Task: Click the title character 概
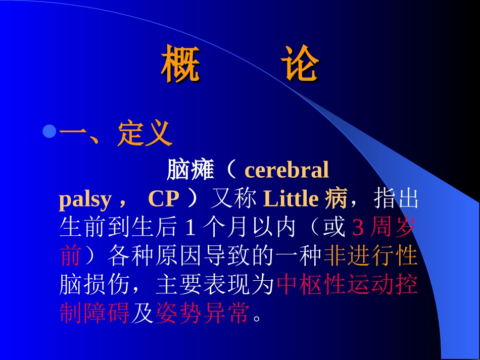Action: click(181, 65)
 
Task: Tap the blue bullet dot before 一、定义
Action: click(49, 132)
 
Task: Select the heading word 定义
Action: click(145, 134)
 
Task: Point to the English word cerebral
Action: click(286, 171)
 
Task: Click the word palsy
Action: click(84, 199)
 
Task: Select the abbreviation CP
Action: click(164, 199)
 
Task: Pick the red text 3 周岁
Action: click(383, 228)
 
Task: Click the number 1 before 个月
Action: click(190, 228)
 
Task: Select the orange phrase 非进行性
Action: click(370, 256)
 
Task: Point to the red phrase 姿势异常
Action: click(203, 314)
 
